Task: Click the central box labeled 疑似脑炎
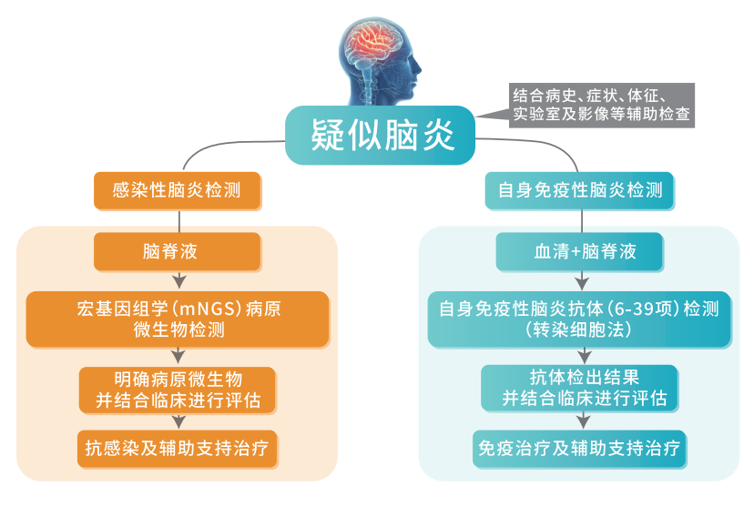coord(380,135)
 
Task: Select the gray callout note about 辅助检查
coord(601,106)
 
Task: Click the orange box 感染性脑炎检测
coord(177,190)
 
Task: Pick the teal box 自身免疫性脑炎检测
coord(579,190)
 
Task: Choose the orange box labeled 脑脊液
coord(177,251)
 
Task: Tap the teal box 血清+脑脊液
coord(579,251)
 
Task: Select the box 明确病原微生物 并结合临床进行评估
coord(178,390)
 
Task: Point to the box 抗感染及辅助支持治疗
coord(177,449)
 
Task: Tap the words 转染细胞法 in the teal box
coord(578,329)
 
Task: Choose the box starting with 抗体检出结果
coord(579,389)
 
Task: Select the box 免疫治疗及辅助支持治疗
coord(579,449)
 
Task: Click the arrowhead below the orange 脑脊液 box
coord(179,281)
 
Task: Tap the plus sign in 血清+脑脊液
coord(576,252)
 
